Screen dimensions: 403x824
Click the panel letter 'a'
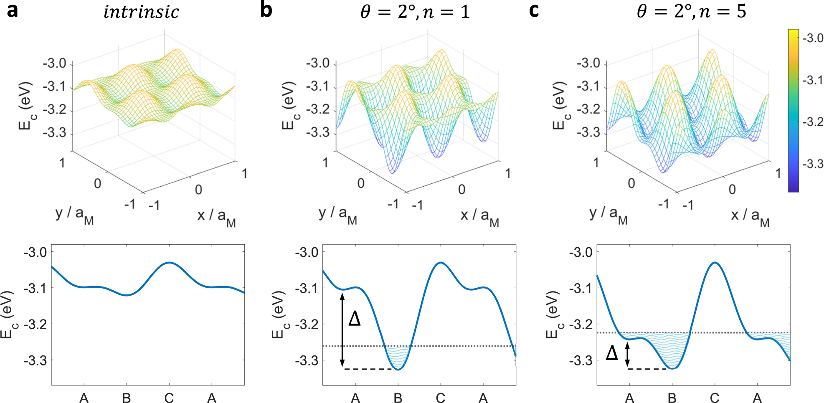point(13,10)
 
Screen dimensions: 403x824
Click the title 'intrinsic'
point(141,12)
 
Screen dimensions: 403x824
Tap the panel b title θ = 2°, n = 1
point(415,12)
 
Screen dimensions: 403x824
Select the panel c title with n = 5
point(691,12)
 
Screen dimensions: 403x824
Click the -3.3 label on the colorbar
point(813,164)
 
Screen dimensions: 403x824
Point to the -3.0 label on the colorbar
point(813,38)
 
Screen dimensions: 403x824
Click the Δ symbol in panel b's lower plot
point(354,319)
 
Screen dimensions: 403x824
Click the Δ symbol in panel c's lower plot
point(611,353)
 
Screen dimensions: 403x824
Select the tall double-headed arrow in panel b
point(342,330)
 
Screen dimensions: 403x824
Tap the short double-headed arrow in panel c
point(627,355)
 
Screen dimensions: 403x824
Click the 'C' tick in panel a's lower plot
point(169,398)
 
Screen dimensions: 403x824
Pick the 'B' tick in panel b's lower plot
point(398,398)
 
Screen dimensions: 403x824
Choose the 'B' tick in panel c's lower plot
point(672,398)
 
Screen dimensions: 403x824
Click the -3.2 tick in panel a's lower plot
point(35,324)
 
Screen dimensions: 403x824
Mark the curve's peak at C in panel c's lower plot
point(715,263)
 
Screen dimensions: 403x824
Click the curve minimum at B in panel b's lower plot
point(398,370)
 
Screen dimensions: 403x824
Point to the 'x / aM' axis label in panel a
point(216,218)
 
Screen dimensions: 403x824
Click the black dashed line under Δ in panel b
point(368,369)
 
